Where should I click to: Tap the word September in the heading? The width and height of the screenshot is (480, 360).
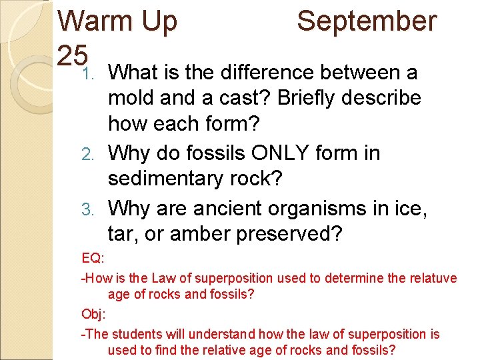click(x=367, y=21)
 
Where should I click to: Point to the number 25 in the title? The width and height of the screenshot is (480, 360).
click(x=72, y=53)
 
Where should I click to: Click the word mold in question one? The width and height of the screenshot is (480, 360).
click(x=131, y=97)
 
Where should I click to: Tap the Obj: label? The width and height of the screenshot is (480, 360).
click(x=92, y=313)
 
